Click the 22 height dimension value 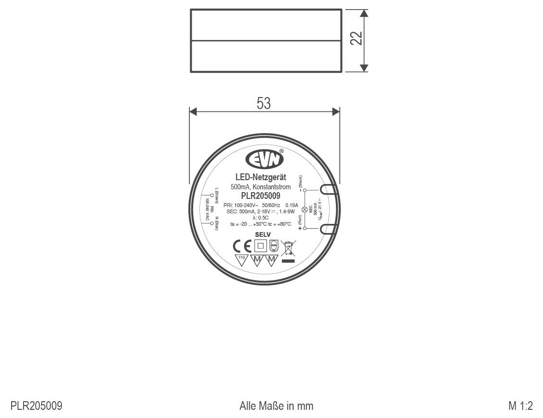pyautogui.click(x=356, y=38)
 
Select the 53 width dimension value pyautogui.click(x=264, y=104)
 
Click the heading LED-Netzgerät pyautogui.click(x=260, y=178)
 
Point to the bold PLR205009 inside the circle pyautogui.click(x=260, y=196)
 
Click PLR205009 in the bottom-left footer pyautogui.click(x=36, y=406)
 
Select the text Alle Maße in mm pyautogui.click(x=276, y=406)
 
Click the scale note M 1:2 pyautogui.click(x=520, y=406)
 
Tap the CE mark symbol pyautogui.click(x=242, y=246)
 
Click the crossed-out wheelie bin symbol pyautogui.click(x=288, y=248)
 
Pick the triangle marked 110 pyautogui.click(x=242, y=260)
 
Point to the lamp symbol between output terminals pyautogui.click(x=304, y=210)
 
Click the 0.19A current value pyautogui.click(x=292, y=205)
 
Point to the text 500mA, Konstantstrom pyautogui.click(x=260, y=187)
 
